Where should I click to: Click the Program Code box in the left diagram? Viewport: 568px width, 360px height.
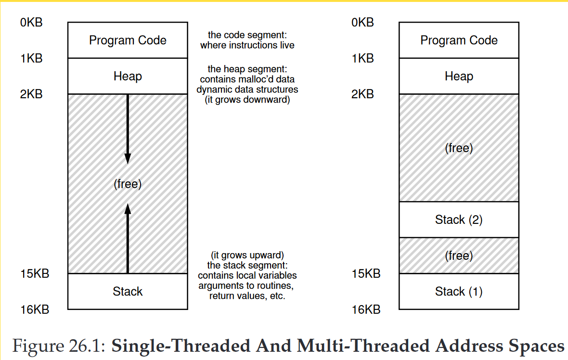[128, 40]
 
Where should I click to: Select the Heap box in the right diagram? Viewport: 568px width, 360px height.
[459, 77]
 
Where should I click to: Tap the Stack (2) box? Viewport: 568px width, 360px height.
[459, 220]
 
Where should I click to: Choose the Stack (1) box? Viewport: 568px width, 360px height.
[459, 292]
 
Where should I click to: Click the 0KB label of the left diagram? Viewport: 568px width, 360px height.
[31, 22]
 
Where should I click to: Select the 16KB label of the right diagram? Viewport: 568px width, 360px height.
[366, 309]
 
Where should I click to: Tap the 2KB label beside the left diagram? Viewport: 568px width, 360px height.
[31, 94]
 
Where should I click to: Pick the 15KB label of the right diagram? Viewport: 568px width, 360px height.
[366, 274]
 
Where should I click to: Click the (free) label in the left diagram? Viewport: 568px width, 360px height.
[128, 184]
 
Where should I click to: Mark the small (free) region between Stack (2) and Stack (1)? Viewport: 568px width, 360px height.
[459, 256]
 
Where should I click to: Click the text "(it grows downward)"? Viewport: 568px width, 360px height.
[247, 101]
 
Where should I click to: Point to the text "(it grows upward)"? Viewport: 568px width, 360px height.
[247, 255]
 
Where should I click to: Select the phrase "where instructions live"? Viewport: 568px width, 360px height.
[247, 46]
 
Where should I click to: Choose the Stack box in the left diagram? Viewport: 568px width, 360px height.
[128, 292]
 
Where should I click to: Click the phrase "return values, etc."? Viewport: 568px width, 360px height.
[247, 296]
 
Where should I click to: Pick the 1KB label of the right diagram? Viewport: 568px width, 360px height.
[363, 58]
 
